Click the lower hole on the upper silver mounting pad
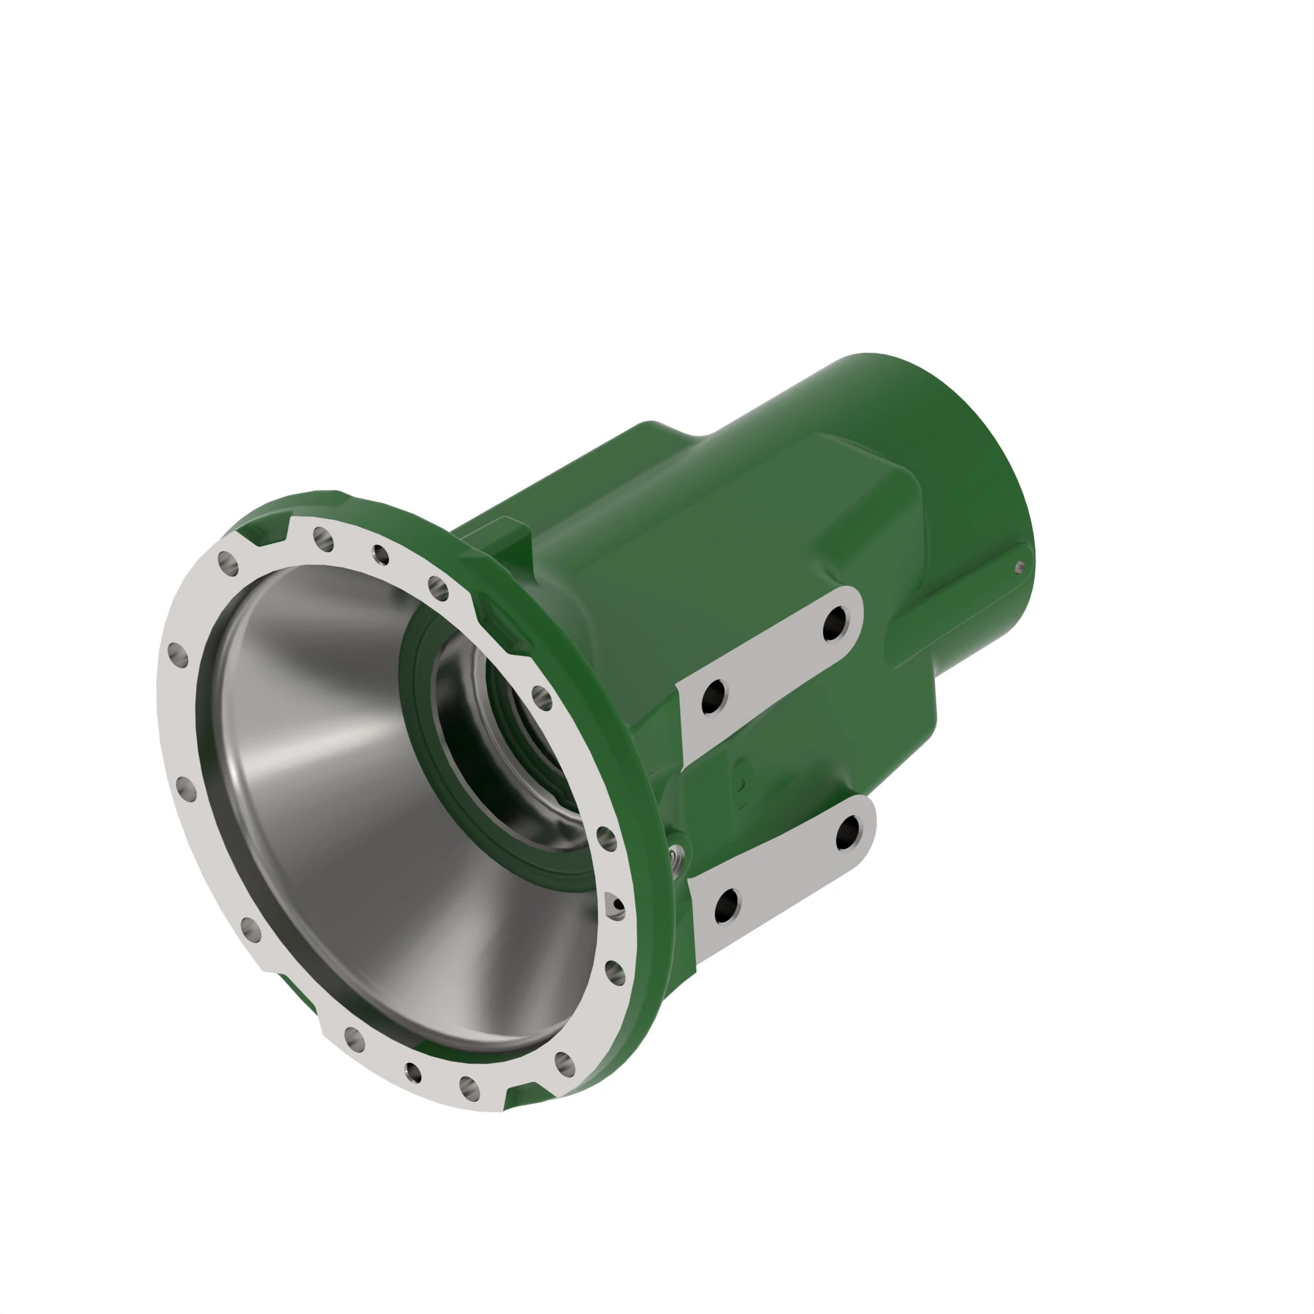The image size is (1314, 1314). pyautogui.click(x=714, y=696)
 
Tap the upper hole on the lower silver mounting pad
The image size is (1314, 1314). pyautogui.click(x=848, y=833)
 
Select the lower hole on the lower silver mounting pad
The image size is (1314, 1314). pyautogui.click(x=727, y=905)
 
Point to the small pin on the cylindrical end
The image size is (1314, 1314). pyautogui.click(x=1019, y=567)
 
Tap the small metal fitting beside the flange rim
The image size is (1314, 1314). pyautogui.click(x=673, y=855)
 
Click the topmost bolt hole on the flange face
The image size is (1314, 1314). pyautogui.click(x=324, y=539)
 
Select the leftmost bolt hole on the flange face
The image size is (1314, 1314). pyautogui.click(x=177, y=656)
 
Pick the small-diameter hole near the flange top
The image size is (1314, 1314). pyautogui.click(x=381, y=555)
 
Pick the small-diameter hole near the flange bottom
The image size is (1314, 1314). pyautogui.click(x=413, y=1073)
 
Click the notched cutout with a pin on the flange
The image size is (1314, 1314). pyautogui.click(x=615, y=907)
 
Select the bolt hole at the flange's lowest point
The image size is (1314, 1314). pyautogui.click(x=469, y=1087)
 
